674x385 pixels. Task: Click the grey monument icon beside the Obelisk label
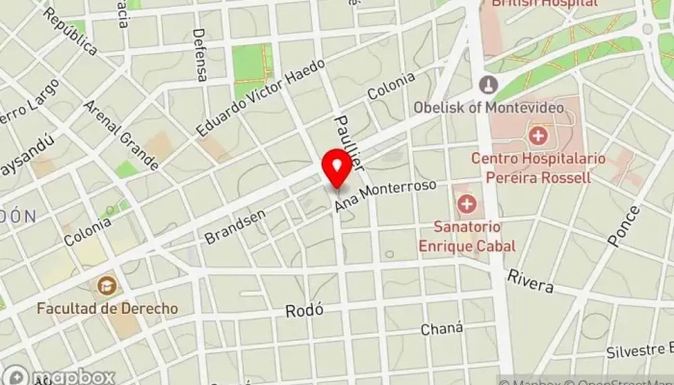(x=489, y=85)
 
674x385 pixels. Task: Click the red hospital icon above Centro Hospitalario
(x=536, y=135)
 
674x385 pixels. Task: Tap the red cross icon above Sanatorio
(x=467, y=204)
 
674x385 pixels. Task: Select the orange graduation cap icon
(x=106, y=285)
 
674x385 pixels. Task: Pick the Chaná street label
(x=442, y=328)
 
